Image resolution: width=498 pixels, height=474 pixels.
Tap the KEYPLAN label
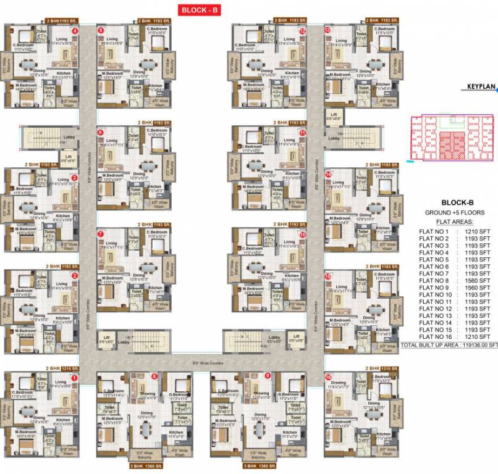tap(481, 88)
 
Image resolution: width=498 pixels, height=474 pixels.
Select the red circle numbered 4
tap(75, 30)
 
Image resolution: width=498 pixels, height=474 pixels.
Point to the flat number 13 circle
tap(327, 30)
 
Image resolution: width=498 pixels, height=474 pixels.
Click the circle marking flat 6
tap(100, 132)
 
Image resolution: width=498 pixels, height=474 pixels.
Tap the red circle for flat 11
tap(302, 132)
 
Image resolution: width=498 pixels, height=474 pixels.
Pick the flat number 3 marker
tap(75, 178)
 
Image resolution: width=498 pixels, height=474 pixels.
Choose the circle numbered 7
tap(100, 235)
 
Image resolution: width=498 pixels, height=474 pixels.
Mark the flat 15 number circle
tap(327, 276)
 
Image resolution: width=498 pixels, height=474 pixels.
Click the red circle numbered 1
tap(75, 378)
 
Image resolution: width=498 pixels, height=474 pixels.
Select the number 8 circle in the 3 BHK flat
tap(154, 376)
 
